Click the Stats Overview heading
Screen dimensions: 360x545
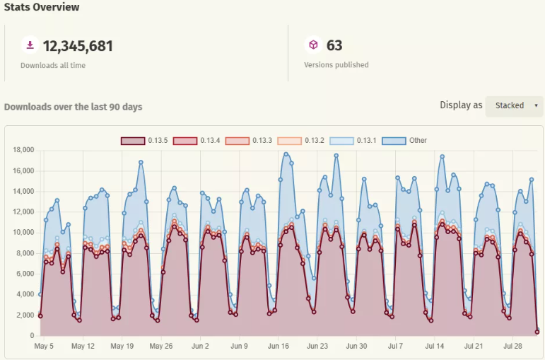(x=42, y=7)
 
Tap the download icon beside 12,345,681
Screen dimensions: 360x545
(x=30, y=45)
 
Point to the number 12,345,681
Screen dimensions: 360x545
(x=78, y=46)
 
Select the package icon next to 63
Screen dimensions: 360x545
(x=313, y=45)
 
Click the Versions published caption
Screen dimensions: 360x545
(x=336, y=65)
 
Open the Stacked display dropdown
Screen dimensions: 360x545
(x=514, y=106)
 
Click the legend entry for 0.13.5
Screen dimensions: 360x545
(x=145, y=141)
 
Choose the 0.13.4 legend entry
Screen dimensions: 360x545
(x=197, y=141)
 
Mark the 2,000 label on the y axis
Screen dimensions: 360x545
(x=25, y=315)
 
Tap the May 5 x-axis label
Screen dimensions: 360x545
(x=44, y=347)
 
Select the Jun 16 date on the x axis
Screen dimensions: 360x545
(x=279, y=347)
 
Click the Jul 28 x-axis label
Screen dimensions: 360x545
(x=512, y=347)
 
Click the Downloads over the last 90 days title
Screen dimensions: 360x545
(x=73, y=107)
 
